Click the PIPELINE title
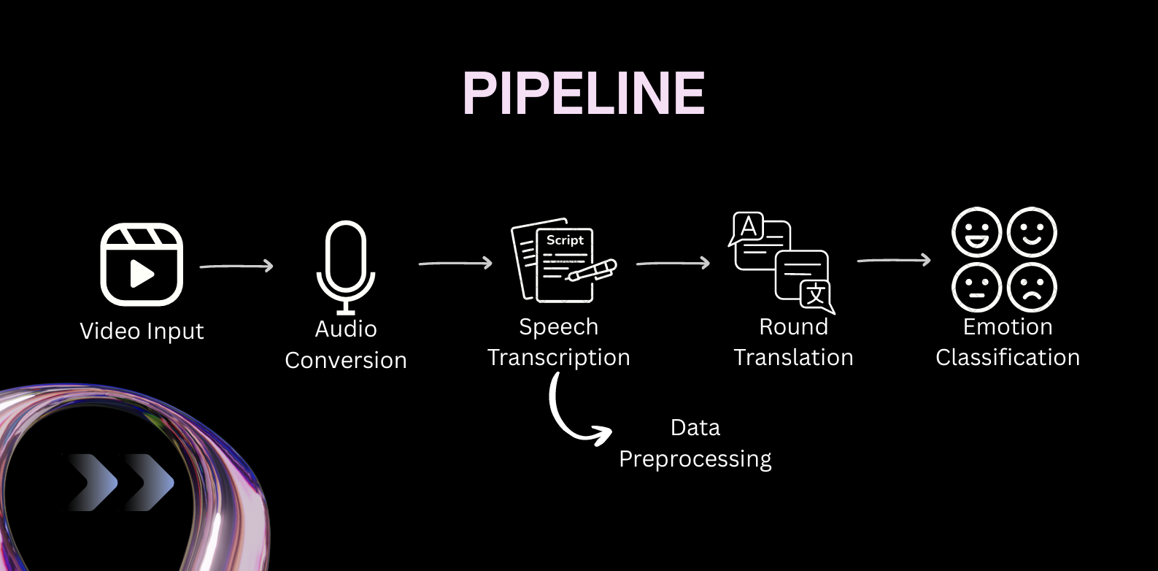click(583, 93)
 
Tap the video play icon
click(141, 264)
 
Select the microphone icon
click(345, 267)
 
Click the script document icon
click(562, 261)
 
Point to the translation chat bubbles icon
click(781, 262)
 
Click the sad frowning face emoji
click(1031, 287)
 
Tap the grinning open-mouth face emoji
click(976, 232)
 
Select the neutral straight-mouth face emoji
click(976, 287)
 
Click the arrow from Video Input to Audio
click(236, 267)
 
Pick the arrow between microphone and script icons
click(455, 263)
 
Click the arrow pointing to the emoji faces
click(894, 260)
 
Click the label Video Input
click(142, 331)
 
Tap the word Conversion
click(345, 360)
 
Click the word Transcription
click(558, 357)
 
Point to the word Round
click(793, 326)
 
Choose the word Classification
click(1007, 357)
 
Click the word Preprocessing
click(695, 459)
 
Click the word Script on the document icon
click(565, 239)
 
